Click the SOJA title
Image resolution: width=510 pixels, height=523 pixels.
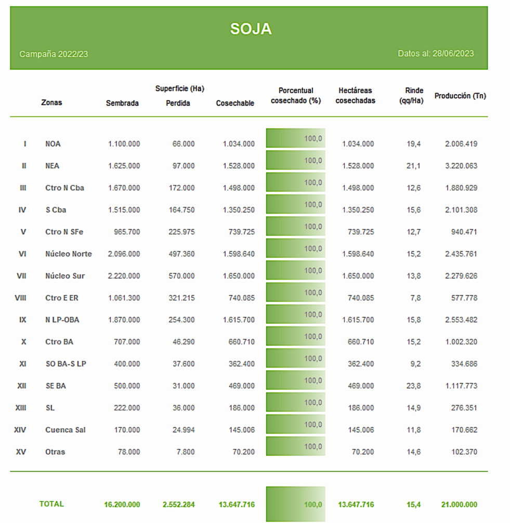(251, 29)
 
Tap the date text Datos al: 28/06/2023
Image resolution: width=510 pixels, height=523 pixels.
(436, 54)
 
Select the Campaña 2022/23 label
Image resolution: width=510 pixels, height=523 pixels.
(54, 54)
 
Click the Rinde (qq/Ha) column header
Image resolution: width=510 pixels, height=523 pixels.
(411, 95)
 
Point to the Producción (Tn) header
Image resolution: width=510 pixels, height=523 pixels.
(460, 96)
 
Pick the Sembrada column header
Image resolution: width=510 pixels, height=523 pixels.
(122, 103)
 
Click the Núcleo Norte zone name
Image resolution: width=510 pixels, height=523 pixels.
(69, 254)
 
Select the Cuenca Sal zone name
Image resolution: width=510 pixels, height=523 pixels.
(66, 429)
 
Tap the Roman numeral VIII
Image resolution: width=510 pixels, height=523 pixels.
(20, 298)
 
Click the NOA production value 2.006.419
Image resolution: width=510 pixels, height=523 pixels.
(461, 144)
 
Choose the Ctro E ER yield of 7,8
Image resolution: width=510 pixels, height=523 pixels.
(415, 298)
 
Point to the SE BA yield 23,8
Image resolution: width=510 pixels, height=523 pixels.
(414, 386)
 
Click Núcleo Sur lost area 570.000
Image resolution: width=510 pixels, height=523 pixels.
(181, 276)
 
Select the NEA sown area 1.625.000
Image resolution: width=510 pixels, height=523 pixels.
(124, 166)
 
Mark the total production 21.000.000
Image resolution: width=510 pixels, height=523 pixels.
(459, 504)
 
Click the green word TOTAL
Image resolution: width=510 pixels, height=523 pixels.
(51, 504)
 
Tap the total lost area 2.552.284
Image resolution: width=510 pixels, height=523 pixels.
(178, 504)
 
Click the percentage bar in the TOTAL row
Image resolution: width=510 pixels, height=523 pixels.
(295, 504)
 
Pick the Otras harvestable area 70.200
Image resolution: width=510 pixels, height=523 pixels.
(243, 452)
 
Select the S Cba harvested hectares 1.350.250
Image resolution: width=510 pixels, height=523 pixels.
(358, 210)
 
